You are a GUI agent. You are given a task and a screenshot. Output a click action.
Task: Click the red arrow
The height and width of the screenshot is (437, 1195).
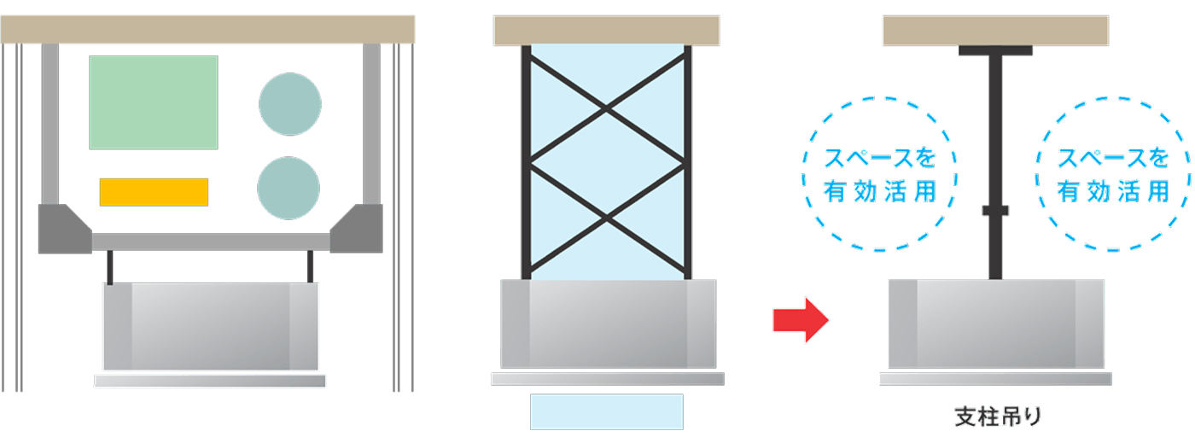coord(800,320)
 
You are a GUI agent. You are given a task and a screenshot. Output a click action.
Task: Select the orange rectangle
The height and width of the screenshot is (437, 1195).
coord(154,192)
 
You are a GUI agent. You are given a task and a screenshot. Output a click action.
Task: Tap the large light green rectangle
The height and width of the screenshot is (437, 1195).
coord(154,102)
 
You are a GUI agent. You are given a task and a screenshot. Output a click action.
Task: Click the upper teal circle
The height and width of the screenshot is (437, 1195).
coord(290,104)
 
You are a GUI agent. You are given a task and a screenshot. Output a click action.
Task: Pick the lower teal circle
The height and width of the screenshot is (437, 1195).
coord(289,188)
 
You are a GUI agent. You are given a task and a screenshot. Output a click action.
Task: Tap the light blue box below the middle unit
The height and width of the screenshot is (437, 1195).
coord(606,411)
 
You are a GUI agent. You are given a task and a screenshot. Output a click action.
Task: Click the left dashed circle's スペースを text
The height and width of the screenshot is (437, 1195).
coord(879,159)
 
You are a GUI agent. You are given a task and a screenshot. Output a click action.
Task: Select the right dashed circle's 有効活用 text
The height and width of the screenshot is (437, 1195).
coord(1113,192)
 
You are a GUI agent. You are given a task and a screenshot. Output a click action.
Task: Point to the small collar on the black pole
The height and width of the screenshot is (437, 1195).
coord(995,210)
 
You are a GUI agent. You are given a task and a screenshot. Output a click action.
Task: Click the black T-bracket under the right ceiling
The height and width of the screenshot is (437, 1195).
coord(995,50)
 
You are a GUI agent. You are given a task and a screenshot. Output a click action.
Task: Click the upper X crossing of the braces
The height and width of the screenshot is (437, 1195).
coord(607,108)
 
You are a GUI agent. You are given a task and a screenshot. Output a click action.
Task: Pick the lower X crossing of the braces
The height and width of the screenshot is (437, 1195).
coord(607,220)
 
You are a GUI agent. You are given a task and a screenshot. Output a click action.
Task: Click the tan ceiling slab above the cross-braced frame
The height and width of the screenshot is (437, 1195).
coord(606,30)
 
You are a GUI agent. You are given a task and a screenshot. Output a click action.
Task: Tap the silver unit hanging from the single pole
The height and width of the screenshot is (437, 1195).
coord(995,323)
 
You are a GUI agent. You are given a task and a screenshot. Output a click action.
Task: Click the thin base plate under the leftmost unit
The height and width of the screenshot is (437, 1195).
coord(210,382)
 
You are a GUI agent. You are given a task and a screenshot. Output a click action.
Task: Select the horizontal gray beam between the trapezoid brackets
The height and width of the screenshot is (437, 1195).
coord(210,242)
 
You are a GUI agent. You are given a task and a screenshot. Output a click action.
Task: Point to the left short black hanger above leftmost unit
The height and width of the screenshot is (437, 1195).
coord(109,268)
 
